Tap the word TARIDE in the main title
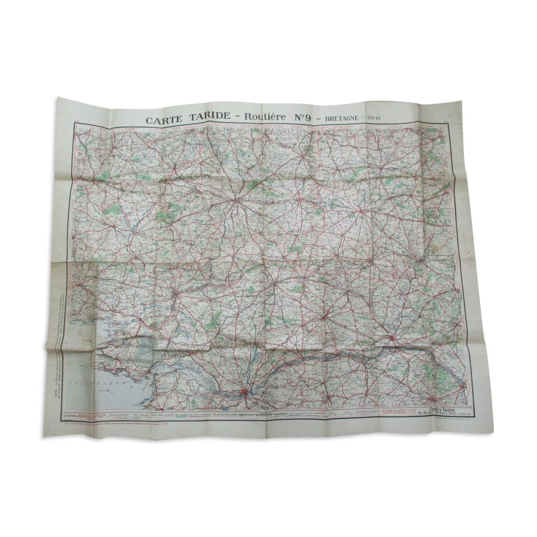[x=208, y=119]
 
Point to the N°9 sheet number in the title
[x=301, y=118]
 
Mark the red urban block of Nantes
[x=244, y=394]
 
